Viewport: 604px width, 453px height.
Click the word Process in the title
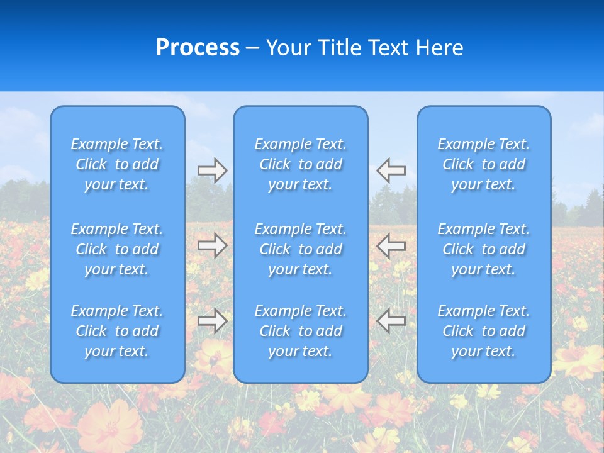pos(198,48)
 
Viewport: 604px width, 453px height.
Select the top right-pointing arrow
pos(213,171)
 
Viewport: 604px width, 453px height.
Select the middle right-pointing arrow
pos(213,245)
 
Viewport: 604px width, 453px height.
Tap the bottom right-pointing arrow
pos(213,321)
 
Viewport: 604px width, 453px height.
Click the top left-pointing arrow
pos(391,171)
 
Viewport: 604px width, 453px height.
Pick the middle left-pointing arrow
pos(391,245)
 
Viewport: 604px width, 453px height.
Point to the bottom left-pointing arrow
pos(391,321)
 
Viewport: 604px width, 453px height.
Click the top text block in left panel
pos(117,164)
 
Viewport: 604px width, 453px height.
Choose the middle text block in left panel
pos(117,249)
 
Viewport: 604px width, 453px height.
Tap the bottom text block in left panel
pos(117,331)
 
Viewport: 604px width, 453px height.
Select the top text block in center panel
pos(300,164)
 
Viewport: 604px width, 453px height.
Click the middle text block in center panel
pos(300,249)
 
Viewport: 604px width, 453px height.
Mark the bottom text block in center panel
pos(300,331)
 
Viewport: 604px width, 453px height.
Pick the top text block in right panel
pos(483,164)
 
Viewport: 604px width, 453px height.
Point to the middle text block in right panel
pos(483,249)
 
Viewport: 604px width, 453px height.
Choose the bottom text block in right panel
pos(483,331)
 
